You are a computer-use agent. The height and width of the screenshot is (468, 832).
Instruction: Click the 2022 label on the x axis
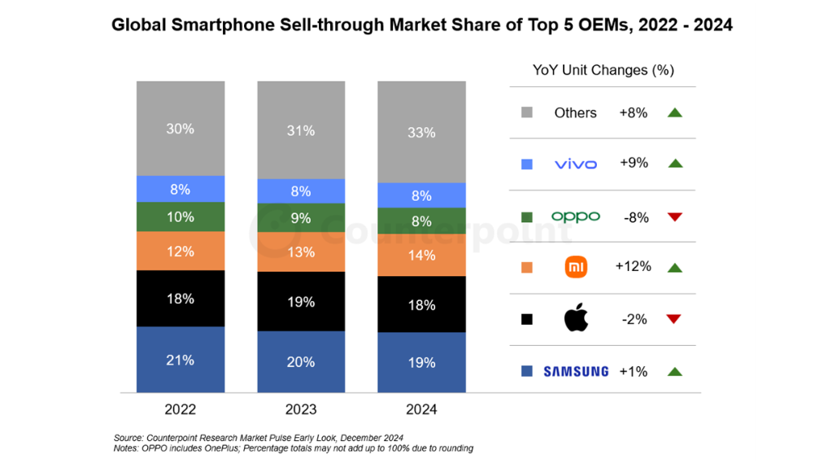180,409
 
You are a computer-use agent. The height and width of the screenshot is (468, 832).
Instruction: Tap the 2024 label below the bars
420,409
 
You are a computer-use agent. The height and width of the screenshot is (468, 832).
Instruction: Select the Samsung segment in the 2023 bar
300,362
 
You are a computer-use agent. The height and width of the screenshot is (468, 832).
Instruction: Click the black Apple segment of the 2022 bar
180,299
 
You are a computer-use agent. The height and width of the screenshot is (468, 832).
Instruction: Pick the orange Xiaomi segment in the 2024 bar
420,256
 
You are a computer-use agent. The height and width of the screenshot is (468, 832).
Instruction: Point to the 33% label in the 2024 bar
421,132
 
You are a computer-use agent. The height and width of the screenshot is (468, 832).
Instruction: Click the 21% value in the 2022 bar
180,360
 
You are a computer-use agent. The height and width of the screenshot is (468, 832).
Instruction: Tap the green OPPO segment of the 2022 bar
180,217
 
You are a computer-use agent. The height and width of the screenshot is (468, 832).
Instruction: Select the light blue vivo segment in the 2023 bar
300,191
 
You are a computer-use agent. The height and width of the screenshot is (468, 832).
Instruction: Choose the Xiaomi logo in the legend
576,267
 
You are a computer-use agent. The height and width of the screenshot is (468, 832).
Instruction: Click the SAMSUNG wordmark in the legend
576,371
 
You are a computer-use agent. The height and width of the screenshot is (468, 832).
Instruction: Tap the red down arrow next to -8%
673,217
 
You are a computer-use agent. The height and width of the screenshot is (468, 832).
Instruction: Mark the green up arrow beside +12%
673,267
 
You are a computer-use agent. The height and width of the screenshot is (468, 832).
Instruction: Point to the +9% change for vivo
634,163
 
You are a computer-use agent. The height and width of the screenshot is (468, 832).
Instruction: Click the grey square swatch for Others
526,112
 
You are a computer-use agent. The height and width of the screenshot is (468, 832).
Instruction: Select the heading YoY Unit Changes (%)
603,70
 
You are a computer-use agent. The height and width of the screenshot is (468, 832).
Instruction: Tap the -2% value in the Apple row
634,319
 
